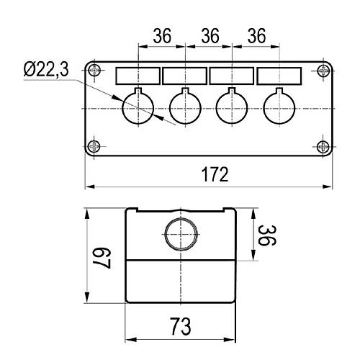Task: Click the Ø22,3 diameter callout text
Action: pos(46,69)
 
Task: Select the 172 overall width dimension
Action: pos(215,175)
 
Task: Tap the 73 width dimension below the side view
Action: pos(181,327)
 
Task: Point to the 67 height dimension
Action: pos(102,258)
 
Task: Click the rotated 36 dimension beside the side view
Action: pos(267,235)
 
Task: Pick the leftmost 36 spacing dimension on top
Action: pos(162,36)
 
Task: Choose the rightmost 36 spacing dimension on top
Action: pos(256,36)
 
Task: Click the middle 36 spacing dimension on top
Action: pos(210,36)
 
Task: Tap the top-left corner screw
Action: pos(94,71)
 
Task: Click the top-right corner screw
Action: pos(323,71)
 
